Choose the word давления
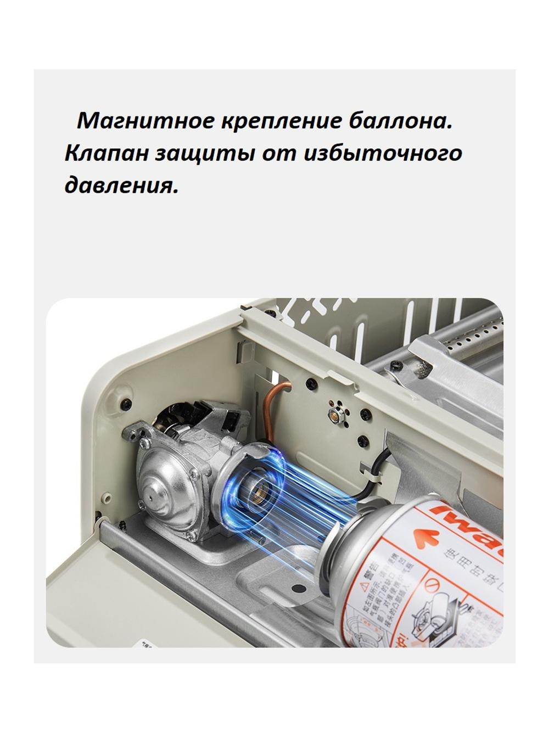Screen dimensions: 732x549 point(121,186)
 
